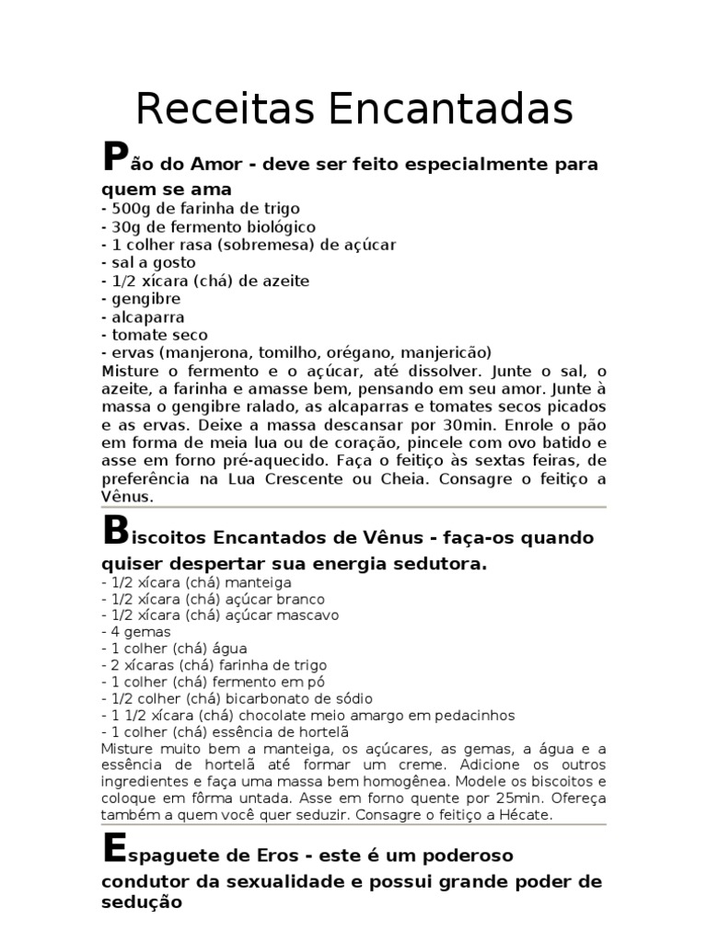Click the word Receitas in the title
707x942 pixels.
[224, 109]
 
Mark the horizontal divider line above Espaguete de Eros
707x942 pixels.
[353, 826]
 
